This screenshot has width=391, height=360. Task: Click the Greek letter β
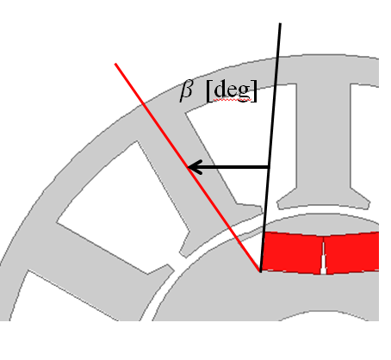[x=186, y=90]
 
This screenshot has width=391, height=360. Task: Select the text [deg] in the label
[x=232, y=90]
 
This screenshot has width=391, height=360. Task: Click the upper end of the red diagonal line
[x=115, y=64]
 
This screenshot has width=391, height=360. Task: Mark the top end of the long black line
[x=280, y=23]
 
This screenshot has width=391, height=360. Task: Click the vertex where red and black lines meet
[x=260, y=271]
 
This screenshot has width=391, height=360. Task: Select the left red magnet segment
[x=292, y=252]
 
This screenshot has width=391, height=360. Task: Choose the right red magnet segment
[x=352, y=252]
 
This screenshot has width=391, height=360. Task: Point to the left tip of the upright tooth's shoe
[x=278, y=204]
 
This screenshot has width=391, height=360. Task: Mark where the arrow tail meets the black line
[x=269, y=167]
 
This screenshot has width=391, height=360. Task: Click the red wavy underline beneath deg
[x=233, y=100]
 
